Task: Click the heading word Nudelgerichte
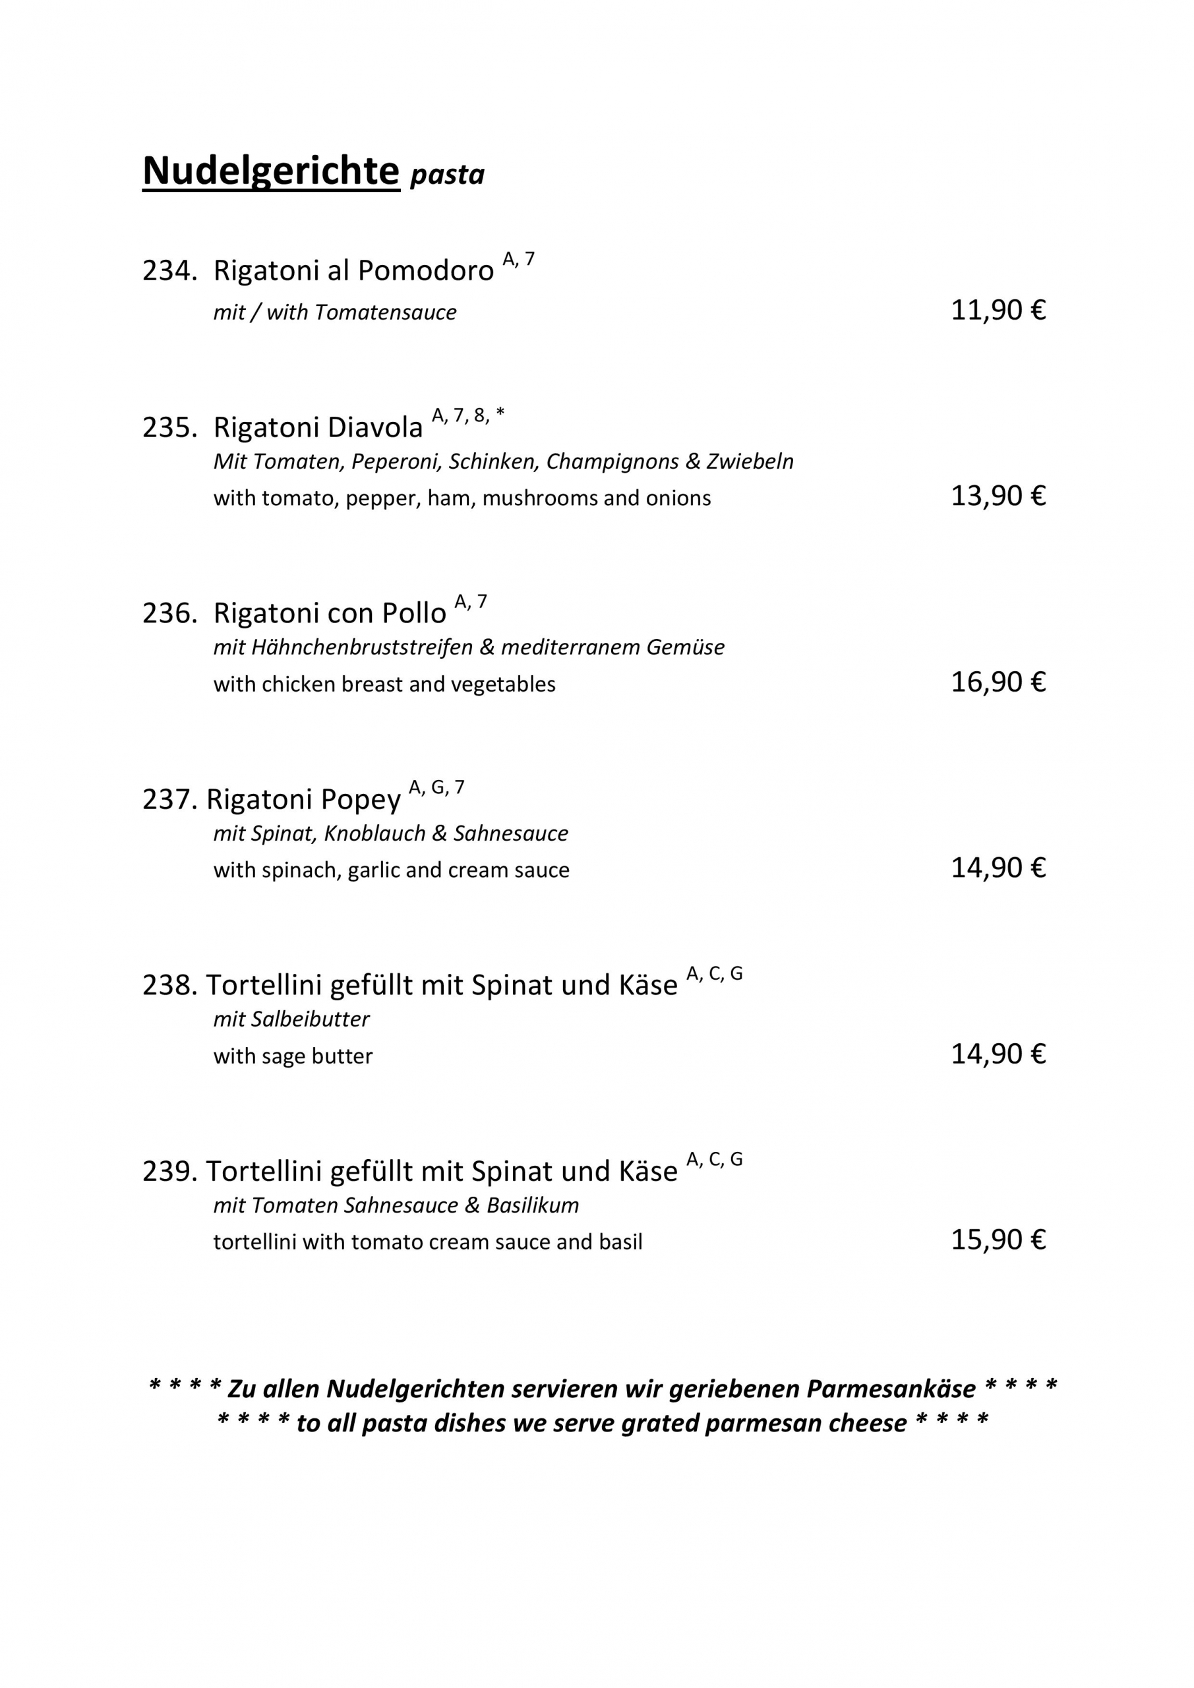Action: pos(270,171)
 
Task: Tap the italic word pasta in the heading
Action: pos(447,175)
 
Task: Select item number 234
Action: pos(169,270)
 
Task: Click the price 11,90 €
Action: pos(998,311)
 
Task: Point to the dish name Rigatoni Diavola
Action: pos(318,427)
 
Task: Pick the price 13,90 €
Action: pos(998,497)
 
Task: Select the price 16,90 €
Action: pos(998,682)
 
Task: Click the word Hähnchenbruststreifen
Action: pos(362,648)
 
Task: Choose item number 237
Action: pos(169,799)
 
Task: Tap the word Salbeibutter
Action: pos(311,1019)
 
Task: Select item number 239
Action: pos(169,1171)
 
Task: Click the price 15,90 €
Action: pos(998,1240)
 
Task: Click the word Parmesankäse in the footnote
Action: pos(891,1389)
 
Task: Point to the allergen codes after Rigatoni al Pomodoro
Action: pos(518,258)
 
